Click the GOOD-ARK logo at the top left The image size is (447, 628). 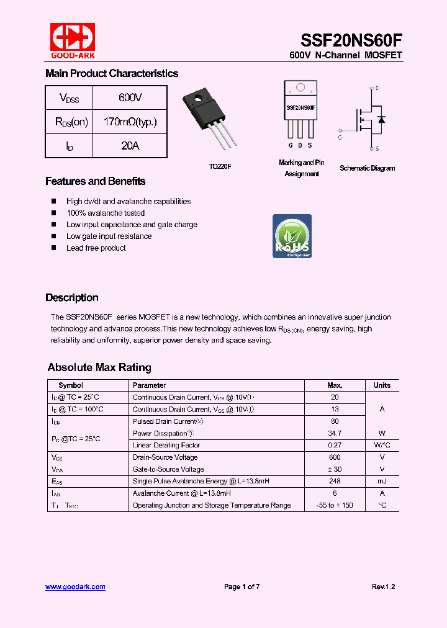click(x=73, y=40)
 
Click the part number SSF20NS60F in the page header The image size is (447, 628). click(x=351, y=40)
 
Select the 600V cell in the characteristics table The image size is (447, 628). click(x=130, y=98)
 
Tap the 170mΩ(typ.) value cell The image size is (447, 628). click(x=130, y=122)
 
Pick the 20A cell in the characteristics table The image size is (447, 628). click(x=130, y=146)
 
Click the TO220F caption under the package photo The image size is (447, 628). click(x=220, y=167)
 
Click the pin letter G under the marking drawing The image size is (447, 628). click(x=290, y=146)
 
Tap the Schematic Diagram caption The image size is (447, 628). click(x=367, y=168)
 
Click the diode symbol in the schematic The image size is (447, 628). click(x=381, y=119)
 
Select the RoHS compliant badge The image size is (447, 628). click(x=292, y=236)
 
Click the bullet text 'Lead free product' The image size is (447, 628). click(x=96, y=248)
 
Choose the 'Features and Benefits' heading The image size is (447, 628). click(x=95, y=181)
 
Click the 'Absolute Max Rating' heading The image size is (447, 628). click(x=99, y=367)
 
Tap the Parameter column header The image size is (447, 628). click(x=149, y=385)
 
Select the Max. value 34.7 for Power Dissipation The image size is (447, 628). click(x=335, y=433)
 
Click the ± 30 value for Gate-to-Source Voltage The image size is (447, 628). click(x=335, y=469)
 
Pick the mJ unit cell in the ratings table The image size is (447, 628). click(x=382, y=481)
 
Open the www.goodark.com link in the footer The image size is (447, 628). click(x=75, y=586)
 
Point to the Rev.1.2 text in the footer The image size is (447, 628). click(x=383, y=586)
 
